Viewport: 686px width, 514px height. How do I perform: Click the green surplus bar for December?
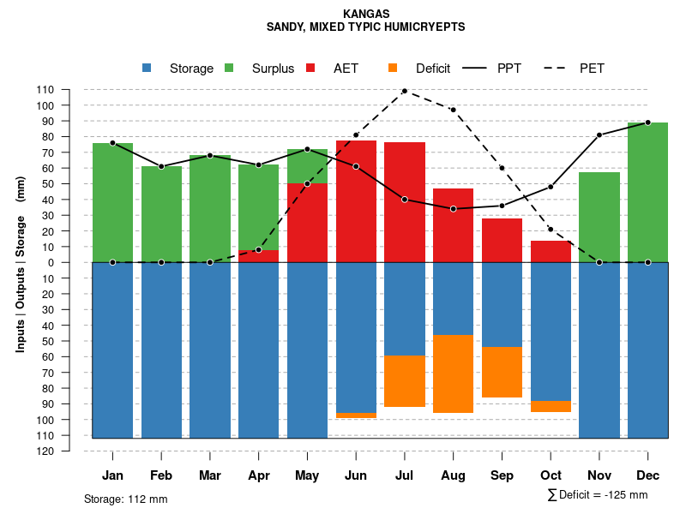pos(647,192)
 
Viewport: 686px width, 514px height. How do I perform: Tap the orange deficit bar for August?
pos(454,374)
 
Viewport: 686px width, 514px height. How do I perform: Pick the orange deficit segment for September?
pos(502,372)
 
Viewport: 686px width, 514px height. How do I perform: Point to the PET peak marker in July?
pos(405,91)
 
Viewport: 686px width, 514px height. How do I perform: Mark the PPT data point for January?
pos(112,143)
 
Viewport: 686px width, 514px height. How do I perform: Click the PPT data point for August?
pos(454,209)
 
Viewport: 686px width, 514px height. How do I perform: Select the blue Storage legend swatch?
pos(147,69)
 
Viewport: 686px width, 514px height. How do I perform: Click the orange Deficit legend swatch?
pos(394,69)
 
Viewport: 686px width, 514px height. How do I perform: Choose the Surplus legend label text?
pos(273,69)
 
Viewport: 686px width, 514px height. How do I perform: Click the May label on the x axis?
pos(307,475)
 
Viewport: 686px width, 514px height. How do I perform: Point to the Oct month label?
pos(551,475)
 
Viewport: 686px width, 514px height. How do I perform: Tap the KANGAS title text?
pos(366,14)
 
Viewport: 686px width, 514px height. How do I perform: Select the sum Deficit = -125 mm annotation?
pos(597,495)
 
